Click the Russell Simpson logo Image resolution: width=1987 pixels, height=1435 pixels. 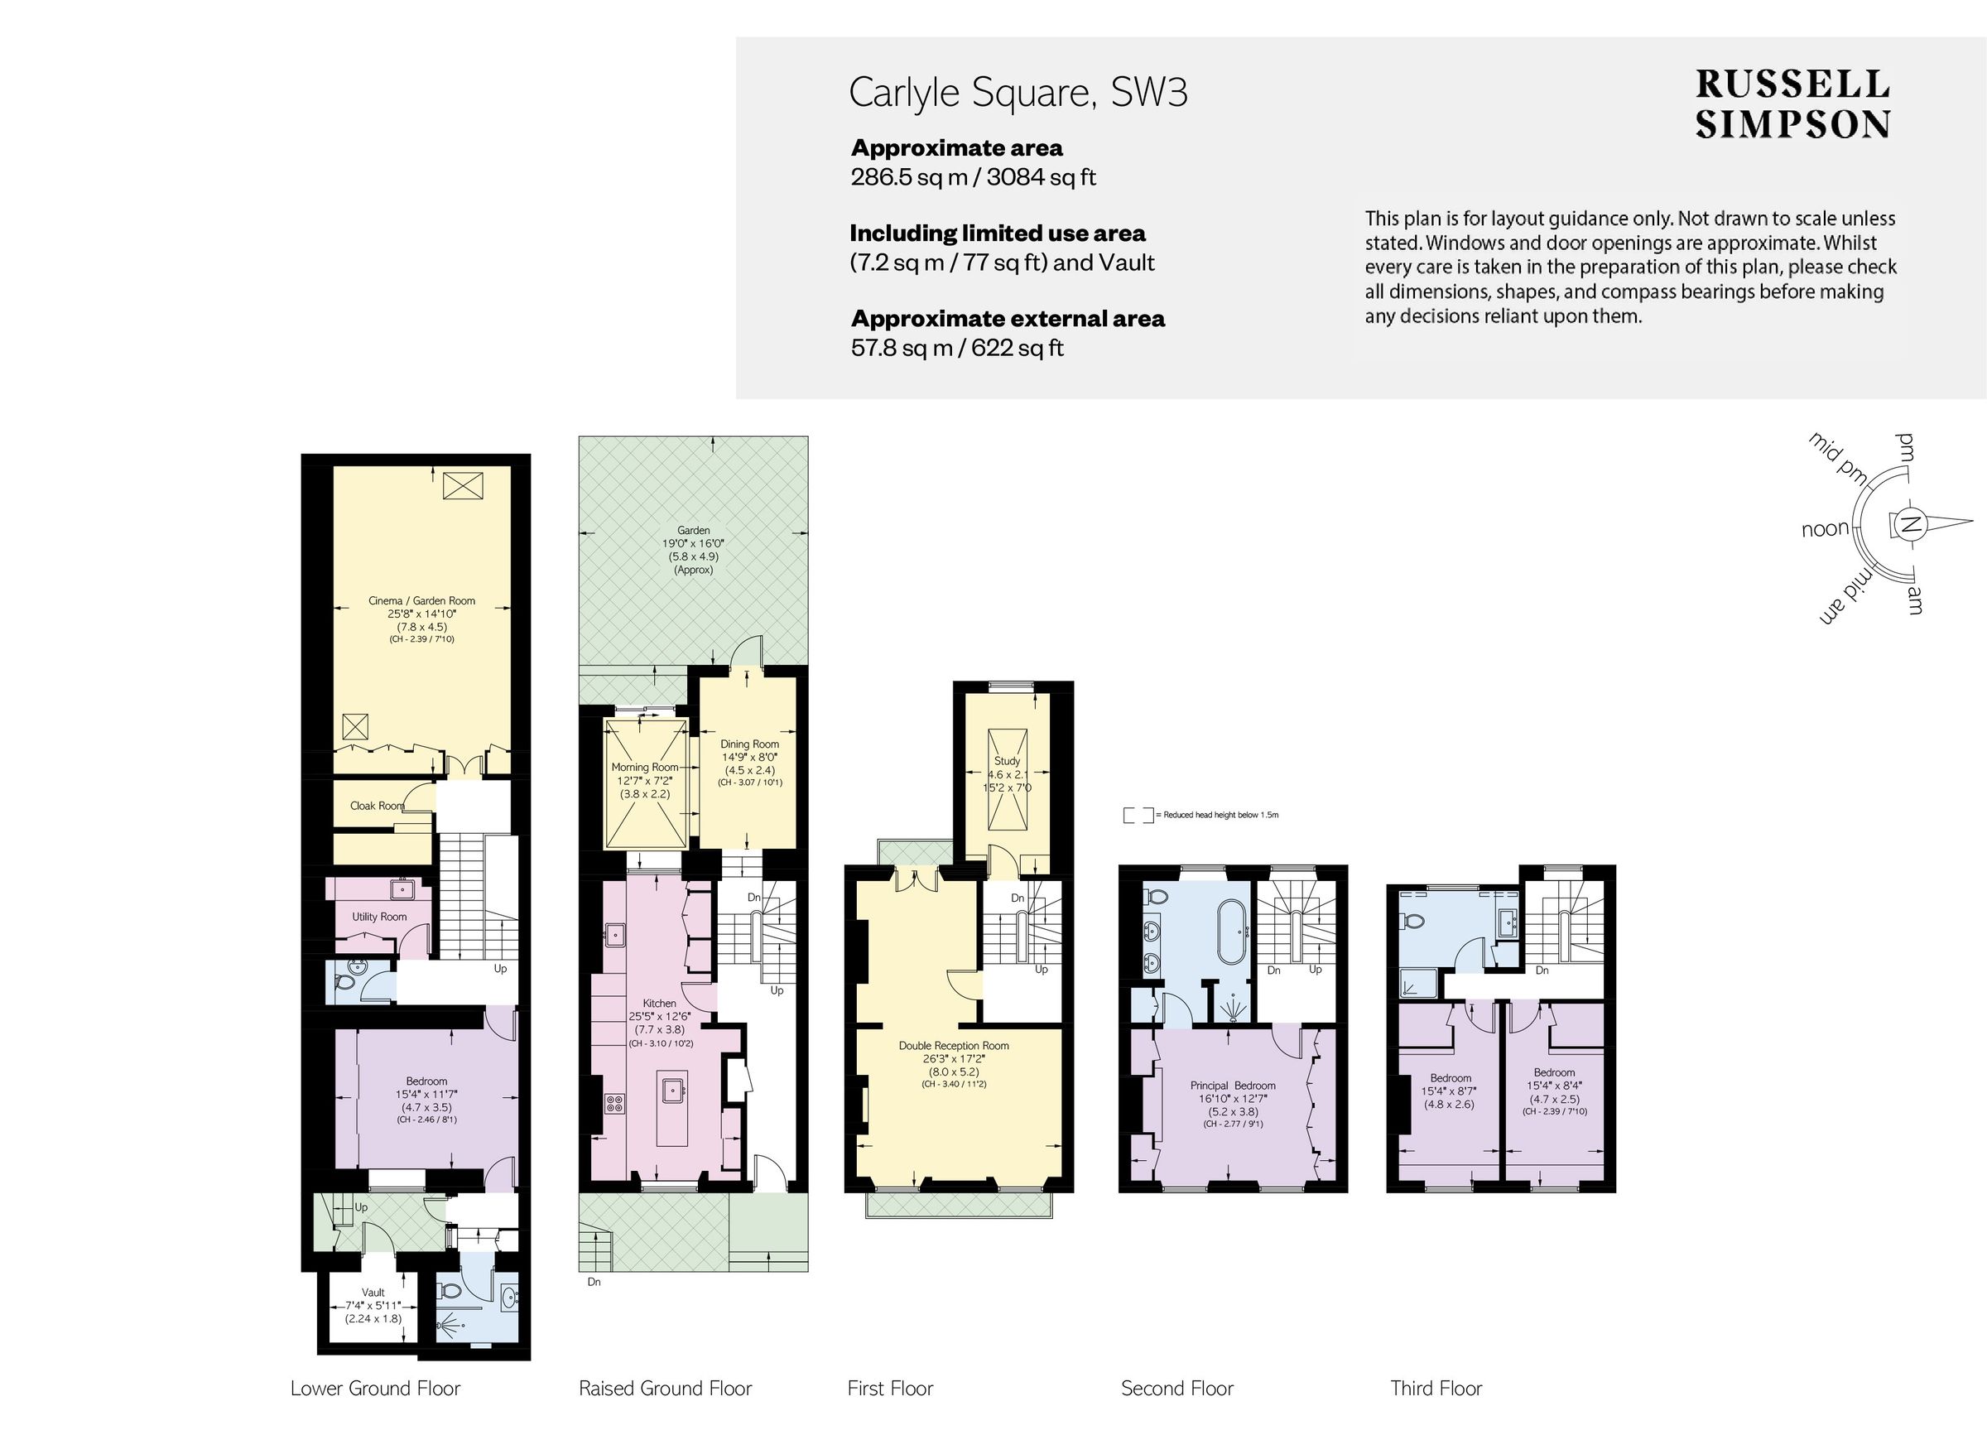tap(1792, 104)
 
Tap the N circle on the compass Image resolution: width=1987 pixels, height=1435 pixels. tap(1910, 526)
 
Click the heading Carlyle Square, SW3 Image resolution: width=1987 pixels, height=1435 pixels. tap(1018, 93)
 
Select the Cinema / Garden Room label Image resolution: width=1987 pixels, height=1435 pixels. tap(421, 601)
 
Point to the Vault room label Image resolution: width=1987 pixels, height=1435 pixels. tap(373, 1293)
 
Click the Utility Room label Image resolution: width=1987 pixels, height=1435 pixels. tap(379, 917)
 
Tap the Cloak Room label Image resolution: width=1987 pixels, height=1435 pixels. tap(377, 806)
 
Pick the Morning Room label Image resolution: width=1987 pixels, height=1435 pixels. tap(645, 768)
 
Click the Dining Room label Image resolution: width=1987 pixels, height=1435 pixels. tap(749, 744)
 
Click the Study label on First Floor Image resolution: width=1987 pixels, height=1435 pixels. tap(1007, 761)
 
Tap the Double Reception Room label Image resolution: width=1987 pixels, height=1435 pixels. tap(953, 1045)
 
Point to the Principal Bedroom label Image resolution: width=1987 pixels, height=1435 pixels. tap(1232, 1086)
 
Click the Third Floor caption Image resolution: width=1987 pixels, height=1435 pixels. tap(1436, 1389)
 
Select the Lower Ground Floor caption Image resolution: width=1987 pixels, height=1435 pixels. tap(375, 1389)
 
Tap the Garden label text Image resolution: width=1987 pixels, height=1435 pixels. tap(693, 530)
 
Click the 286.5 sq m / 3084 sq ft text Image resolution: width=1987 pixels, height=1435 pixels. tap(973, 177)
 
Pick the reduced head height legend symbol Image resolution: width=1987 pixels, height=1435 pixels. tap(1138, 815)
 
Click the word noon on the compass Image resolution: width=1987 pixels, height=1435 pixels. tap(1825, 529)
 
